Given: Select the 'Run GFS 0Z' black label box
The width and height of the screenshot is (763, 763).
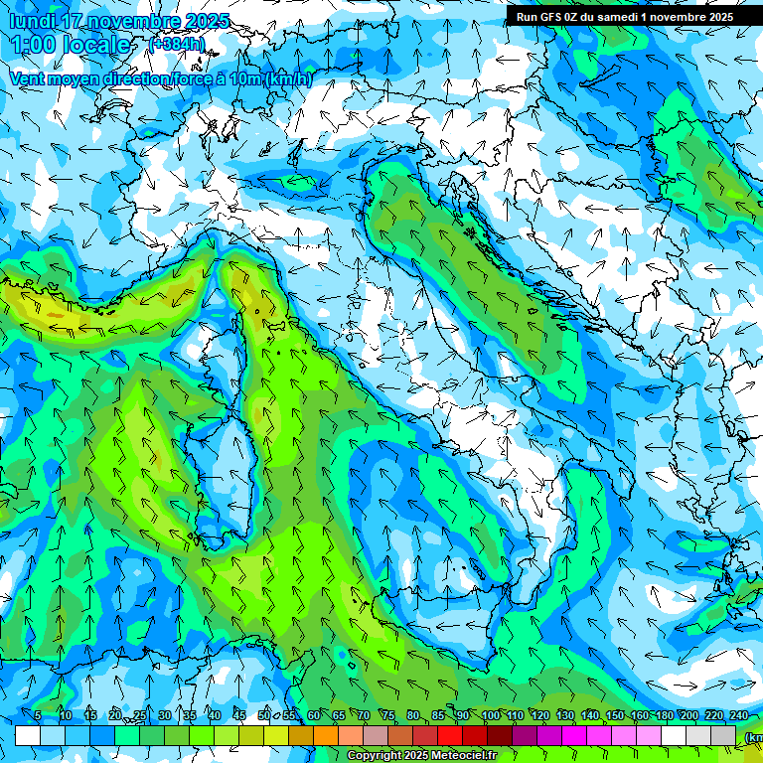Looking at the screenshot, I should [624, 17].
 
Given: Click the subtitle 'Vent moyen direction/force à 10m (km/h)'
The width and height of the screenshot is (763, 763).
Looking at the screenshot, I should [160, 78].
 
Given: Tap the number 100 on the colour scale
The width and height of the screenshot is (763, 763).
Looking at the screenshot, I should [490, 715].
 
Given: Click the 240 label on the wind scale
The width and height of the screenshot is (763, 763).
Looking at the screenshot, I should [738, 715].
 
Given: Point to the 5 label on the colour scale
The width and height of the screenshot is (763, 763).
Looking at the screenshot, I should [38, 715].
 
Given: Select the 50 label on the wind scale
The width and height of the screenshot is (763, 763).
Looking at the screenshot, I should [263, 715].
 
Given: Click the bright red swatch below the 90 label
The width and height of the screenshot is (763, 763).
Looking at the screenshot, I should [450, 735].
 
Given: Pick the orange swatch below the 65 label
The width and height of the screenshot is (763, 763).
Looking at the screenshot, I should [326, 735].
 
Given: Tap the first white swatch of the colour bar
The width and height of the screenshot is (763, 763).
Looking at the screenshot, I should [28, 735].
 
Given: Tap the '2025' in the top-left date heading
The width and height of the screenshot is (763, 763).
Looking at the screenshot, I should [207, 21].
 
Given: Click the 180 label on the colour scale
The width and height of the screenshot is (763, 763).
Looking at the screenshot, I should [664, 715].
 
